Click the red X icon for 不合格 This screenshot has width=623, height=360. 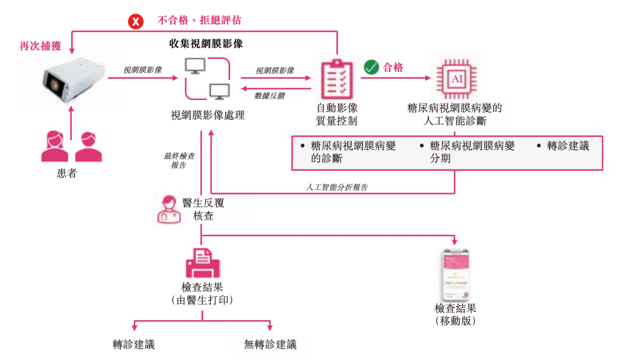pos(136,22)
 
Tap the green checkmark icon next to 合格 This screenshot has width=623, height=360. pos(370,67)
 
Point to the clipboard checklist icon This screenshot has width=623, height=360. pos(336,79)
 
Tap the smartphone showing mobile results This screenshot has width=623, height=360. pos(455,275)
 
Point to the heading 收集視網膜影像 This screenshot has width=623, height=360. pos(206,43)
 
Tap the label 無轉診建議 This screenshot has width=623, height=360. pos(270,345)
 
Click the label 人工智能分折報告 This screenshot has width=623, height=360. pos(336,187)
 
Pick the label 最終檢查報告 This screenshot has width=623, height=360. pos(179,160)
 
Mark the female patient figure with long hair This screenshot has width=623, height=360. pos(56,147)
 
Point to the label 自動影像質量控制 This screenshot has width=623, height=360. pos(337,114)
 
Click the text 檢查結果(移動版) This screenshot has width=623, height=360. pos(456,314)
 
